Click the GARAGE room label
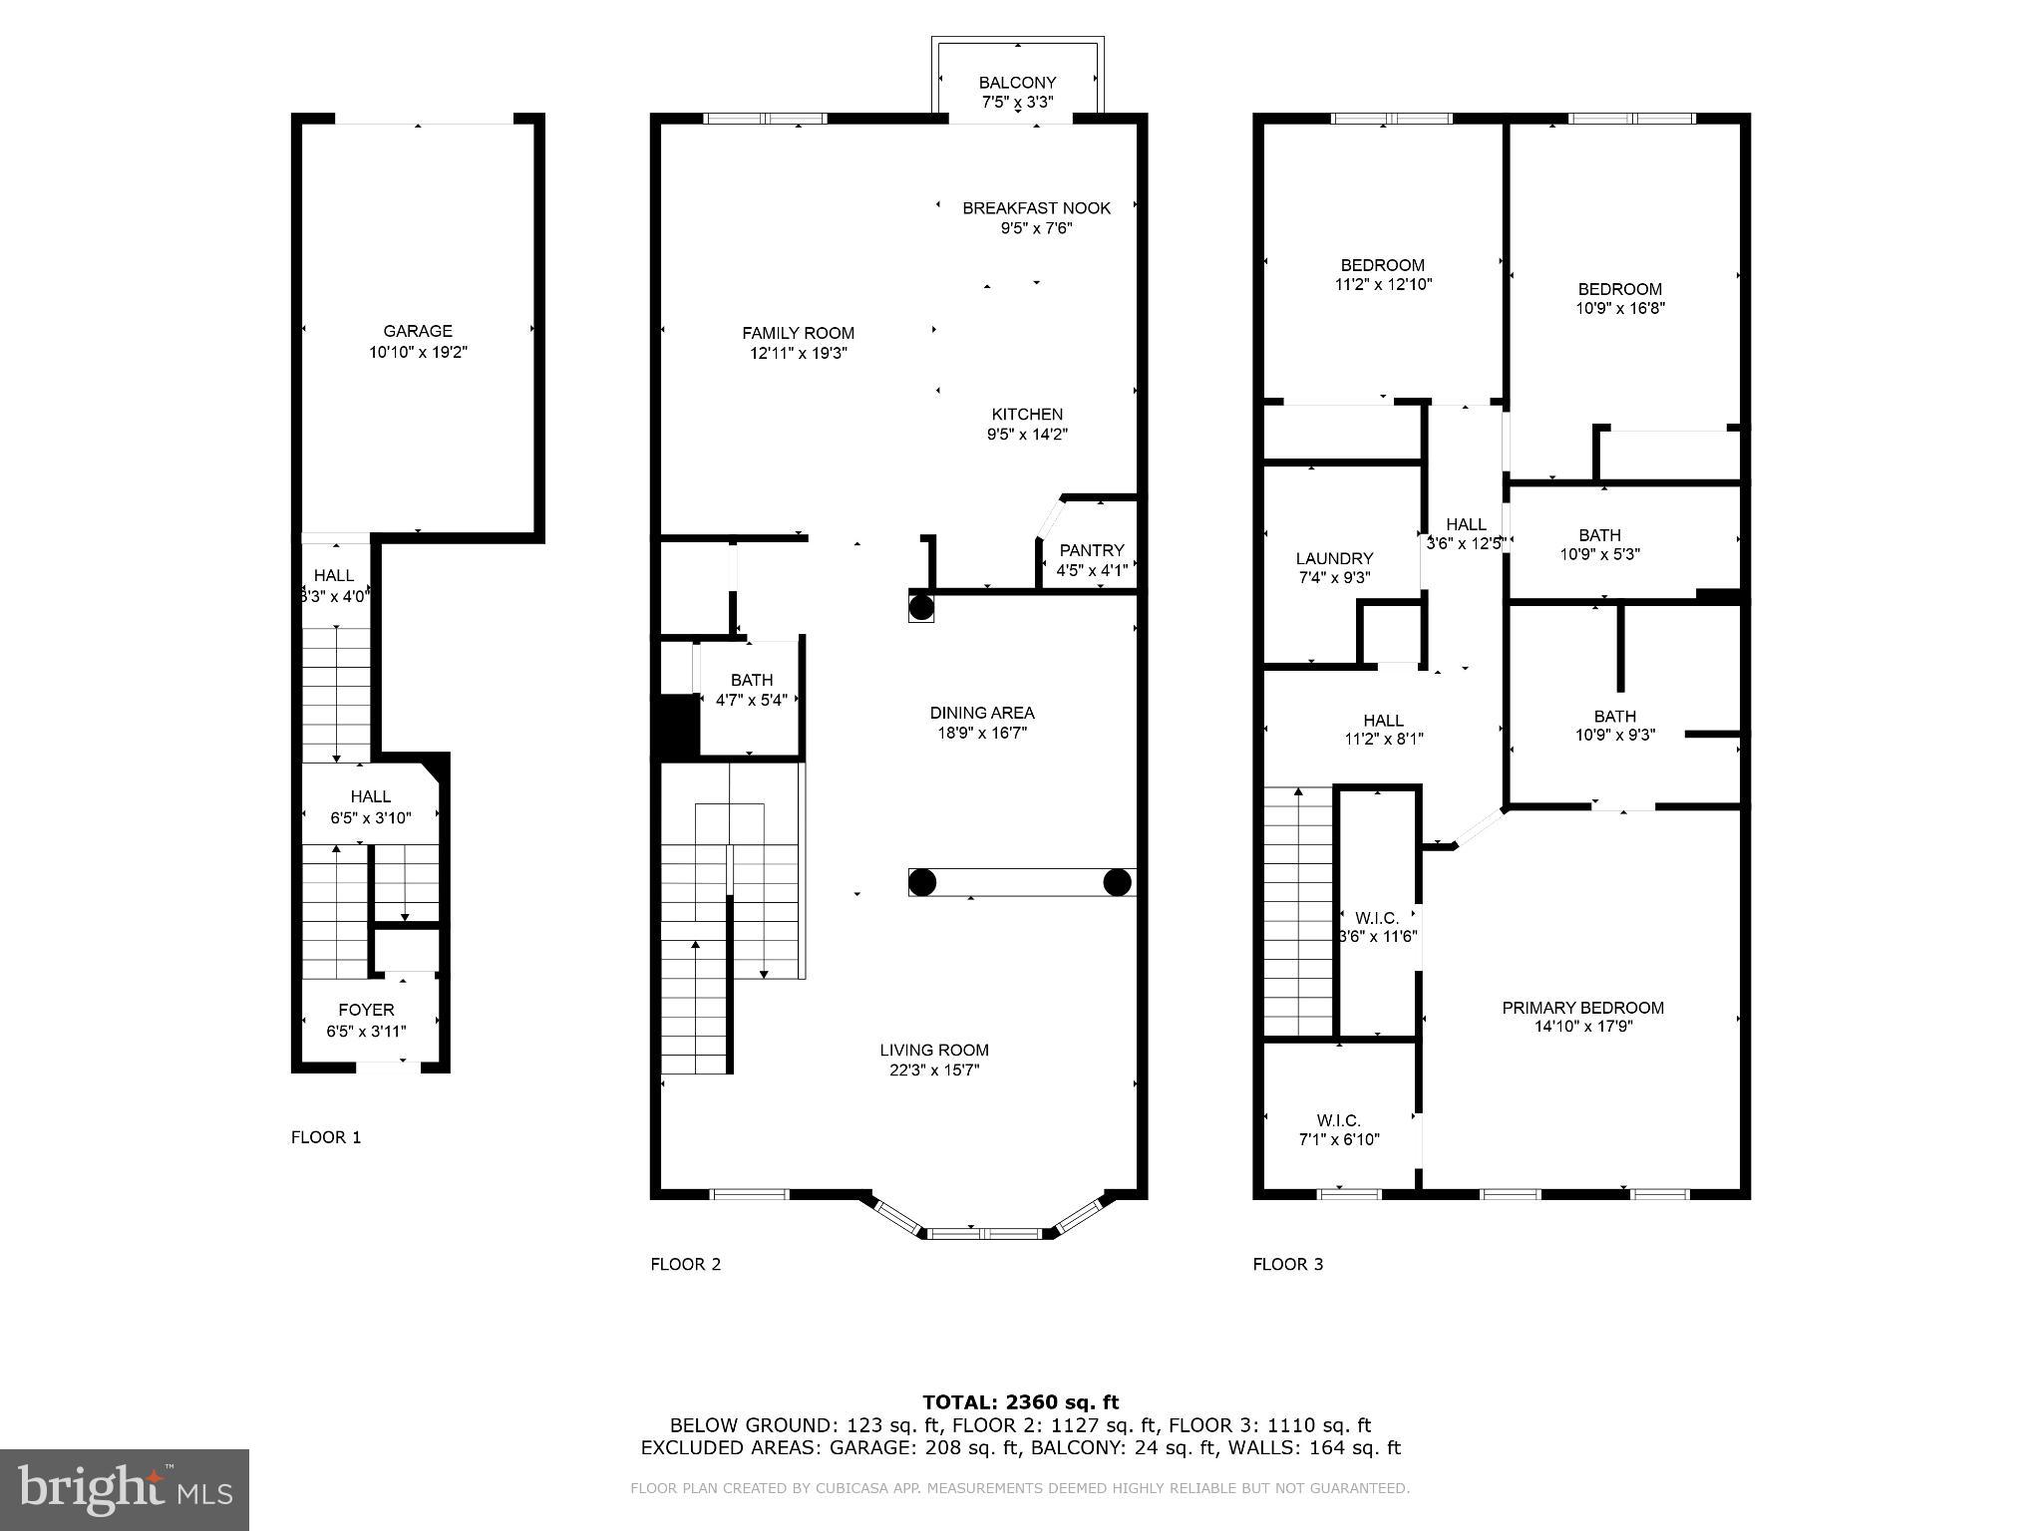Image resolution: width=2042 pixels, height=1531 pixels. tap(418, 331)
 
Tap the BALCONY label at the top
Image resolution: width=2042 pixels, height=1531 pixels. tap(1017, 83)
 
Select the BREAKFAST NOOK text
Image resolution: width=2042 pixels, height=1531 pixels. tap(1036, 207)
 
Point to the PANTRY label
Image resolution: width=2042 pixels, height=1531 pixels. tap(1092, 550)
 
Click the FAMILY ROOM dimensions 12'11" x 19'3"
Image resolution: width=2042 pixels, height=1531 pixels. tap(799, 353)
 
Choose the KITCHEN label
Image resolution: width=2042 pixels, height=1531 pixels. tap(1027, 414)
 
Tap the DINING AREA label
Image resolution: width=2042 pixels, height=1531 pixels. tap(982, 713)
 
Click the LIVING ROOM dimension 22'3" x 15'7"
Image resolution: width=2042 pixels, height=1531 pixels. tap(934, 1070)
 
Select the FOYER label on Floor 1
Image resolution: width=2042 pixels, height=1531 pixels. tap(366, 1010)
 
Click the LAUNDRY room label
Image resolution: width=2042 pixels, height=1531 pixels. tap(1334, 558)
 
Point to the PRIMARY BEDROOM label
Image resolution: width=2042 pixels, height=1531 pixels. tap(1583, 1008)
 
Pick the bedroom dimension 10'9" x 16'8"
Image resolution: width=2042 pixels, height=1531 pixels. tap(1620, 308)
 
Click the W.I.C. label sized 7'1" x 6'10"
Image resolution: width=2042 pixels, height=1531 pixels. tap(1338, 1120)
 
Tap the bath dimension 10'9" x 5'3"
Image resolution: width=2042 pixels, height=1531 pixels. tap(1599, 554)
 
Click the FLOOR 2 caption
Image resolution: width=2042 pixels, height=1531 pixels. tap(685, 1264)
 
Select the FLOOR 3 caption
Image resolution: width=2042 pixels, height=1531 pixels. tap(1287, 1264)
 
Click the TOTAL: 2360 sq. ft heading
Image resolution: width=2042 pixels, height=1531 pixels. tap(1020, 1402)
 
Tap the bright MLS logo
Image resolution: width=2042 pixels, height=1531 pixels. tap(125, 1489)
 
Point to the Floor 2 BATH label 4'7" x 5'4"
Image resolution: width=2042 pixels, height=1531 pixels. tap(751, 680)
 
